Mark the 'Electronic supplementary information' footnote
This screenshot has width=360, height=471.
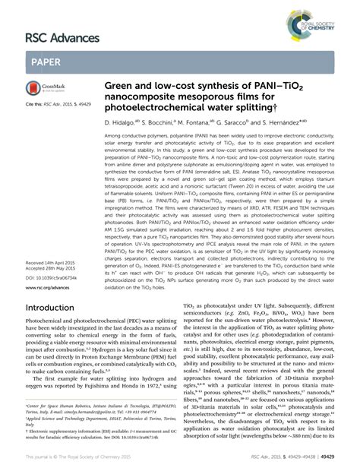pos(76,430)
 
